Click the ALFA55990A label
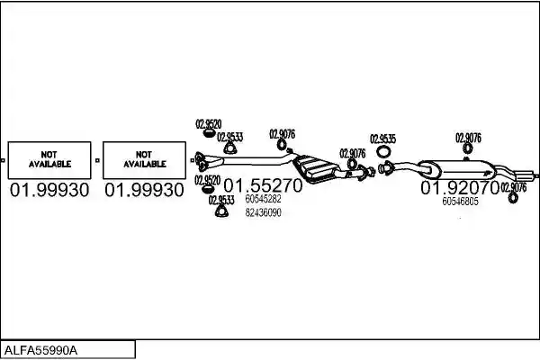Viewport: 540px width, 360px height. tap(40, 350)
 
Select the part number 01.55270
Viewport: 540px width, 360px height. tap(263, 185)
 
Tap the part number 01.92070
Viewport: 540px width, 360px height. tap(460, 188)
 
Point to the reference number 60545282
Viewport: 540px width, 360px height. tap(263, 199)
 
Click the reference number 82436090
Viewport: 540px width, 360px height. tap(263, 212)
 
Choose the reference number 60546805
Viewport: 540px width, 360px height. tap(460, 202)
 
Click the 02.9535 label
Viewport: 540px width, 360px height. tap(383, 139)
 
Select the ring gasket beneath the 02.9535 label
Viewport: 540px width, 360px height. tap(382, 151)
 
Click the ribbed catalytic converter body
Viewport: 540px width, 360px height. tap(315, 167)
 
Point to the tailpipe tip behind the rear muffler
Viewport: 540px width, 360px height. tap(526, 174)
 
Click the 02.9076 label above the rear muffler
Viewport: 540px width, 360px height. tap(468, 138)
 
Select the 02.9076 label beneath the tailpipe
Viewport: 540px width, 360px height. tap(514, 187)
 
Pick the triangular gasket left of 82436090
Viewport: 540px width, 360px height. tap(221, 211)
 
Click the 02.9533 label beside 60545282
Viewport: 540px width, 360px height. tap(221, 200)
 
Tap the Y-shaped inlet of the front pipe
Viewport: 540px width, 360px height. tap(208, 162)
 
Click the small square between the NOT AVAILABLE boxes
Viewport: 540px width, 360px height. tap(97, 160)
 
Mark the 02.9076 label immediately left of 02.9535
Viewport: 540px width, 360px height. tap(353, 154)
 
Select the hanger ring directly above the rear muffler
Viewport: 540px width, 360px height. tap(467, 148)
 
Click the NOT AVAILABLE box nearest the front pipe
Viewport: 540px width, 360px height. tap(144, 160)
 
